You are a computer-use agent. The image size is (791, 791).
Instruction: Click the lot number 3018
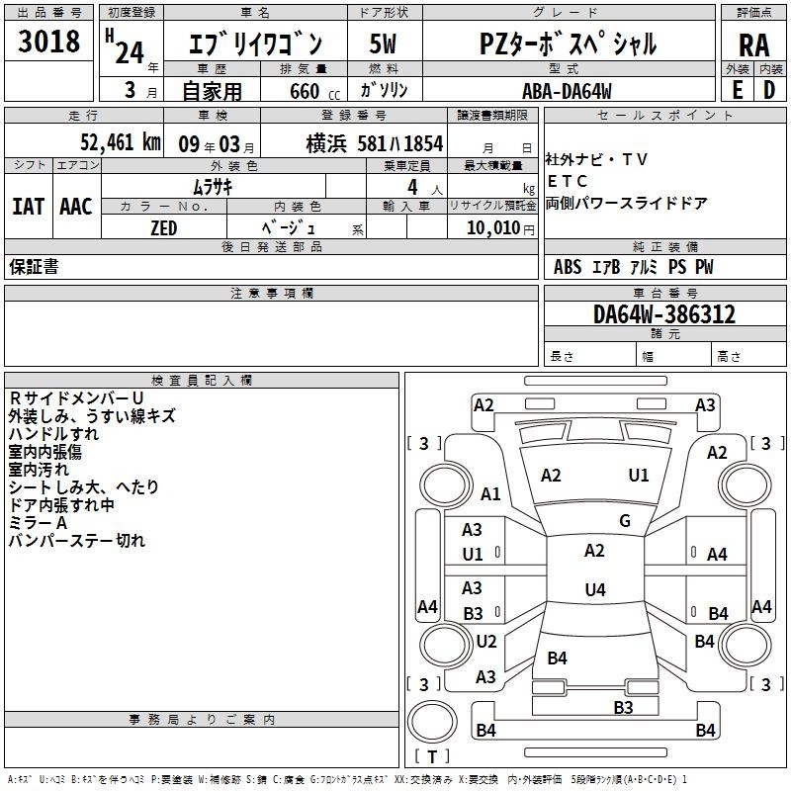(48, 42)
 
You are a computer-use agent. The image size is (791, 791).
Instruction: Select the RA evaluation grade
(754, 45)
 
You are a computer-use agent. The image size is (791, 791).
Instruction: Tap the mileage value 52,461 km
(121, 142)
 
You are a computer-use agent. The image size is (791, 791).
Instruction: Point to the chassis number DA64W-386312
(664, 314)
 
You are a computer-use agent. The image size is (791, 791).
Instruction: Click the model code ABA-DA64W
(567, 91)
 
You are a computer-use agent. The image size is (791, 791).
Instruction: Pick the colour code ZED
(164, 228)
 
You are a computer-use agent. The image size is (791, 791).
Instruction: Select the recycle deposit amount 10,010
(493, 227)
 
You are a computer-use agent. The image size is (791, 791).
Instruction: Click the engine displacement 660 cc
(314, 91)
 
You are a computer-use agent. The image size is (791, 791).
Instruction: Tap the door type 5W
(383, 44)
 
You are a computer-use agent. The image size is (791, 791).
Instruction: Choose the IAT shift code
(28, 207)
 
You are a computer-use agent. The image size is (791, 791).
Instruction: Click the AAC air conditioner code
(76, 207)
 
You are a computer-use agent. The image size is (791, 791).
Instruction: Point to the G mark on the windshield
(625, 521)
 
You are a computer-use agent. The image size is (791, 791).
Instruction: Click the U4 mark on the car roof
(595, 589)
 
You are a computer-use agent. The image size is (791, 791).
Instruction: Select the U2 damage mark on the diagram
(486, 641)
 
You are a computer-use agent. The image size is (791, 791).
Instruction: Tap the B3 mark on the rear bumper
(623, 707)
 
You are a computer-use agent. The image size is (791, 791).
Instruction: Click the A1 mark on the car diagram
(490, 493)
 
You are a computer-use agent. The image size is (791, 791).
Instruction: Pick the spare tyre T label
(432, 756)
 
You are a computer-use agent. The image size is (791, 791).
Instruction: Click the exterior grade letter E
(738, 90)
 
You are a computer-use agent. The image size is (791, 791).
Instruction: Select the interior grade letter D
(769, 90)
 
